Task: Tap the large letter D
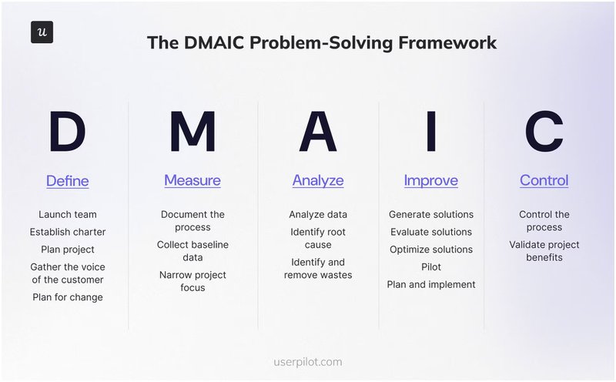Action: click(67, 132)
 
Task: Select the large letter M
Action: click(192, 132)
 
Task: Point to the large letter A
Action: click(318, 132)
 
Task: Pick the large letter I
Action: click(430, 132)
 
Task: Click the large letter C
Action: click(544, 132)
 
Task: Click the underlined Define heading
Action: click(67, 181)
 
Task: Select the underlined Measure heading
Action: click(192, 180)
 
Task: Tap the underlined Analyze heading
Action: click(318, 180)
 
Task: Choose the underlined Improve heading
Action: click(430, 180)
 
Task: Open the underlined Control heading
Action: click(544, 180)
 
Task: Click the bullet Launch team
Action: click(68, 214)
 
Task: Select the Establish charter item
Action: click(68, 232)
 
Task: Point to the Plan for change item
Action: click(68, 297)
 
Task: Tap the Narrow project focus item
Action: click(192, 281)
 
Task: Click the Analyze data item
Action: click(318, 214)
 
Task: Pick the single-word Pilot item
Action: click(431, 266)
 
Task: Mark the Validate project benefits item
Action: click(544, 251)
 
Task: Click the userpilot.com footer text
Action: click(308, 360)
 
